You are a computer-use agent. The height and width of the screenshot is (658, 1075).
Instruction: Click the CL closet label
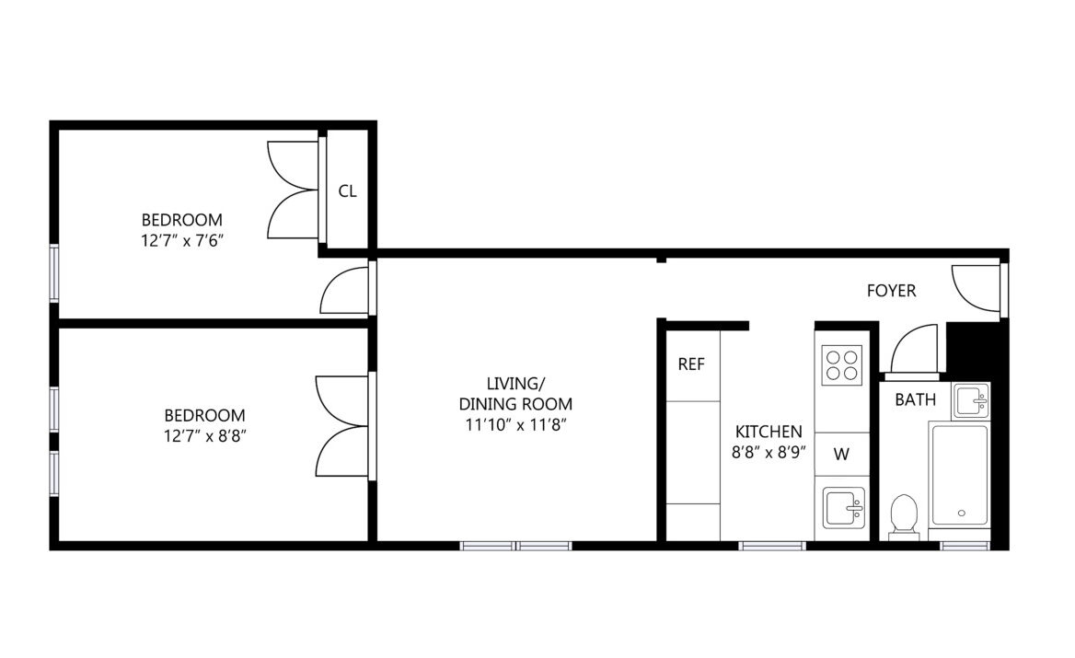348,191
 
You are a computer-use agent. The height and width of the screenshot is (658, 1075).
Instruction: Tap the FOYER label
891,291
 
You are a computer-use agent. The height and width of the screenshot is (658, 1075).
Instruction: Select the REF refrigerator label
691,364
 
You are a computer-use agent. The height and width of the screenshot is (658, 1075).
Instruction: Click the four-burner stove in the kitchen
842,364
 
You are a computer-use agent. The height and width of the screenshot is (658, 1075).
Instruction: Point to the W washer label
841,454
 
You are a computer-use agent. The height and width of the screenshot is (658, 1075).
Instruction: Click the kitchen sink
843,508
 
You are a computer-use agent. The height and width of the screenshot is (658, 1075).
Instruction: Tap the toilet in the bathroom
904,515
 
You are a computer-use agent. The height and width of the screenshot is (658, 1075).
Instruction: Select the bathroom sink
971,400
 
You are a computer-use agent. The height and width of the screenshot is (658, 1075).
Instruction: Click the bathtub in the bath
960,474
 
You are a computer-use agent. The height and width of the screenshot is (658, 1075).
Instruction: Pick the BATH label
915,399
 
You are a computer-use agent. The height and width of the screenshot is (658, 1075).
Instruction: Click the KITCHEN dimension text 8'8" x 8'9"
769,453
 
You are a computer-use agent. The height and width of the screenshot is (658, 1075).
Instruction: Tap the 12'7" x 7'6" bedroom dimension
182,240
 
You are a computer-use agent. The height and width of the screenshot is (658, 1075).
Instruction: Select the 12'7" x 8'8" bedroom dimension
205,436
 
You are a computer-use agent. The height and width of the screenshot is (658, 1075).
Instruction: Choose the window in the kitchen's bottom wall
772,546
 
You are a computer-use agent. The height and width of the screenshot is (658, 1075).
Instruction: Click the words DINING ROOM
515,404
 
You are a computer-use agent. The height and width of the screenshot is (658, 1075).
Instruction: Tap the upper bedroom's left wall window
54,272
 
